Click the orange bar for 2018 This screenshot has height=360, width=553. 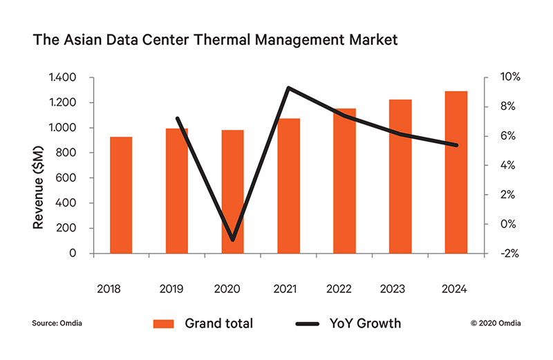pos(121,195)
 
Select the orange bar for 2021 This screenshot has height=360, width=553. pos(288,186)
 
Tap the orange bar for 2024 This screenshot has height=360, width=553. pos(456,172)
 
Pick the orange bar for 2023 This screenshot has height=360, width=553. pos(400,176)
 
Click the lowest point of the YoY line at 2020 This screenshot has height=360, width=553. pos(234,240)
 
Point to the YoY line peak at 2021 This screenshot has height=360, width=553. pos(288,88)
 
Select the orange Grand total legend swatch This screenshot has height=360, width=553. pos(164,323)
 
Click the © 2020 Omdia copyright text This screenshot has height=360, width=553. pos(496,323)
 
